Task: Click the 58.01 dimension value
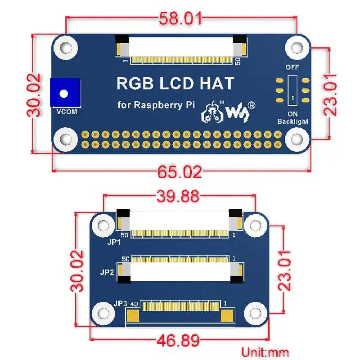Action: point(181,19)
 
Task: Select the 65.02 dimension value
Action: point(180,171)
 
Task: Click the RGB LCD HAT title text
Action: point(175,83)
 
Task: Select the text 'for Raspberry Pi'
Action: point(156,105)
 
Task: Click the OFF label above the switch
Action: point(292,67)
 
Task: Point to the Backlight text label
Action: point(293,121)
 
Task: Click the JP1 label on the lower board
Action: point(114,242)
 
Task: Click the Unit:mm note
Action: point(265,352)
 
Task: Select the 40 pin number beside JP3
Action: point(134,304)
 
